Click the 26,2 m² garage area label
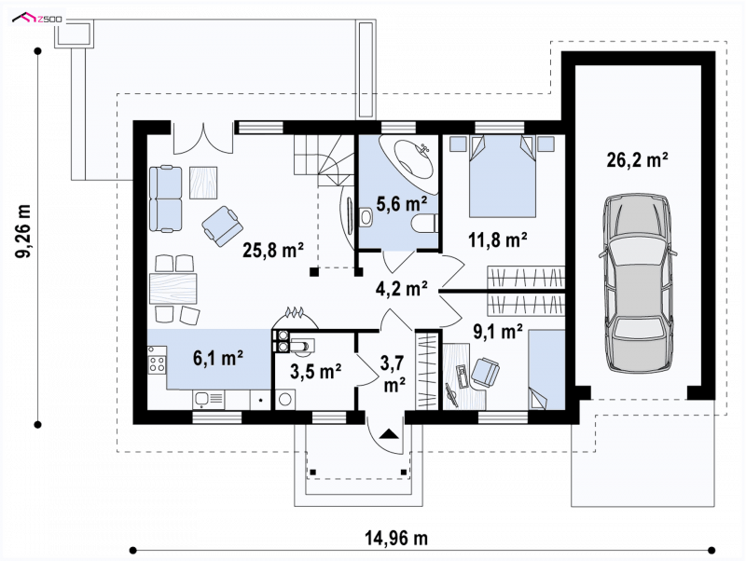[x=637, y=160]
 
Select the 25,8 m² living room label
[x=273, y=250]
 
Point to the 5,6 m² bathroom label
[x=402, y=203]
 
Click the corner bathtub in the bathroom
[x=409, y=157]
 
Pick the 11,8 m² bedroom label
[x=498, y=239]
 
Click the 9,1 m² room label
[x=498, y=332]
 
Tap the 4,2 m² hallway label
[x=401, y=288]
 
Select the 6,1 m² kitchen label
[x=218, y=358]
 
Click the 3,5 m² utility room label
[x=316, y=371]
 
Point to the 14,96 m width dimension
[x=396, y=539]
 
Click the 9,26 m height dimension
[x=23, y=231]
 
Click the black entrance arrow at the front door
[x=389, y=433]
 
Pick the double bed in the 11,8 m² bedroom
[x=503, y=176]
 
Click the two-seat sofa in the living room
[x=166, y=198]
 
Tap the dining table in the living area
[x=173, y=288]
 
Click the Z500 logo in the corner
[x=39, y=19]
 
